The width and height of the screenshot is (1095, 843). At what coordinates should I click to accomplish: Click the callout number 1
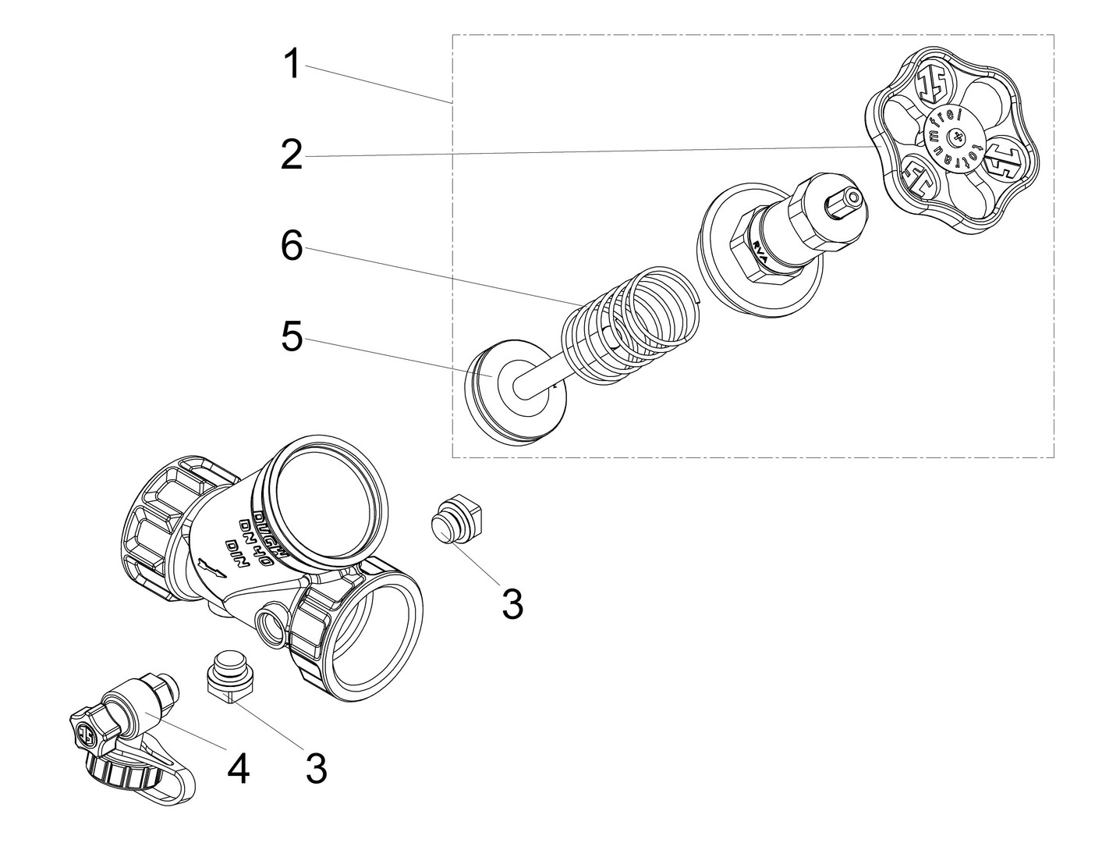(292, 64)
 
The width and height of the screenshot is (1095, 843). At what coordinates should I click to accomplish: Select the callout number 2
(292, 155)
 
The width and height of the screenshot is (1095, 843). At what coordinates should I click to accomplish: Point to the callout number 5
(292, 338)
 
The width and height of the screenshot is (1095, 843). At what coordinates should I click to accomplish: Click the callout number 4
(238, 770)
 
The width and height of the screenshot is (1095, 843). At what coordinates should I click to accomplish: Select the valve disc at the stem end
(507, 390)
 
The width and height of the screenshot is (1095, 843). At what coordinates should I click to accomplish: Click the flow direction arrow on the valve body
(210, 565)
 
